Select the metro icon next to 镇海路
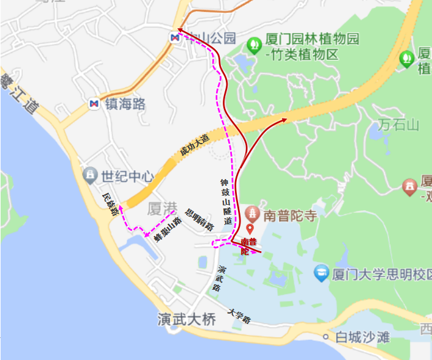click(94, 104)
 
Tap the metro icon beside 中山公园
click(175, 37)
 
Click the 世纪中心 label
click(127, 177)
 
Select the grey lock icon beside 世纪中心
click(91, 176)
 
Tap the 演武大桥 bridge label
click(187, 319)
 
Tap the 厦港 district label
click(162, 210)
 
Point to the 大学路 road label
click(239, 315)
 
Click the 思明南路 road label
click(199, 220)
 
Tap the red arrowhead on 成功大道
click(285, 120)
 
